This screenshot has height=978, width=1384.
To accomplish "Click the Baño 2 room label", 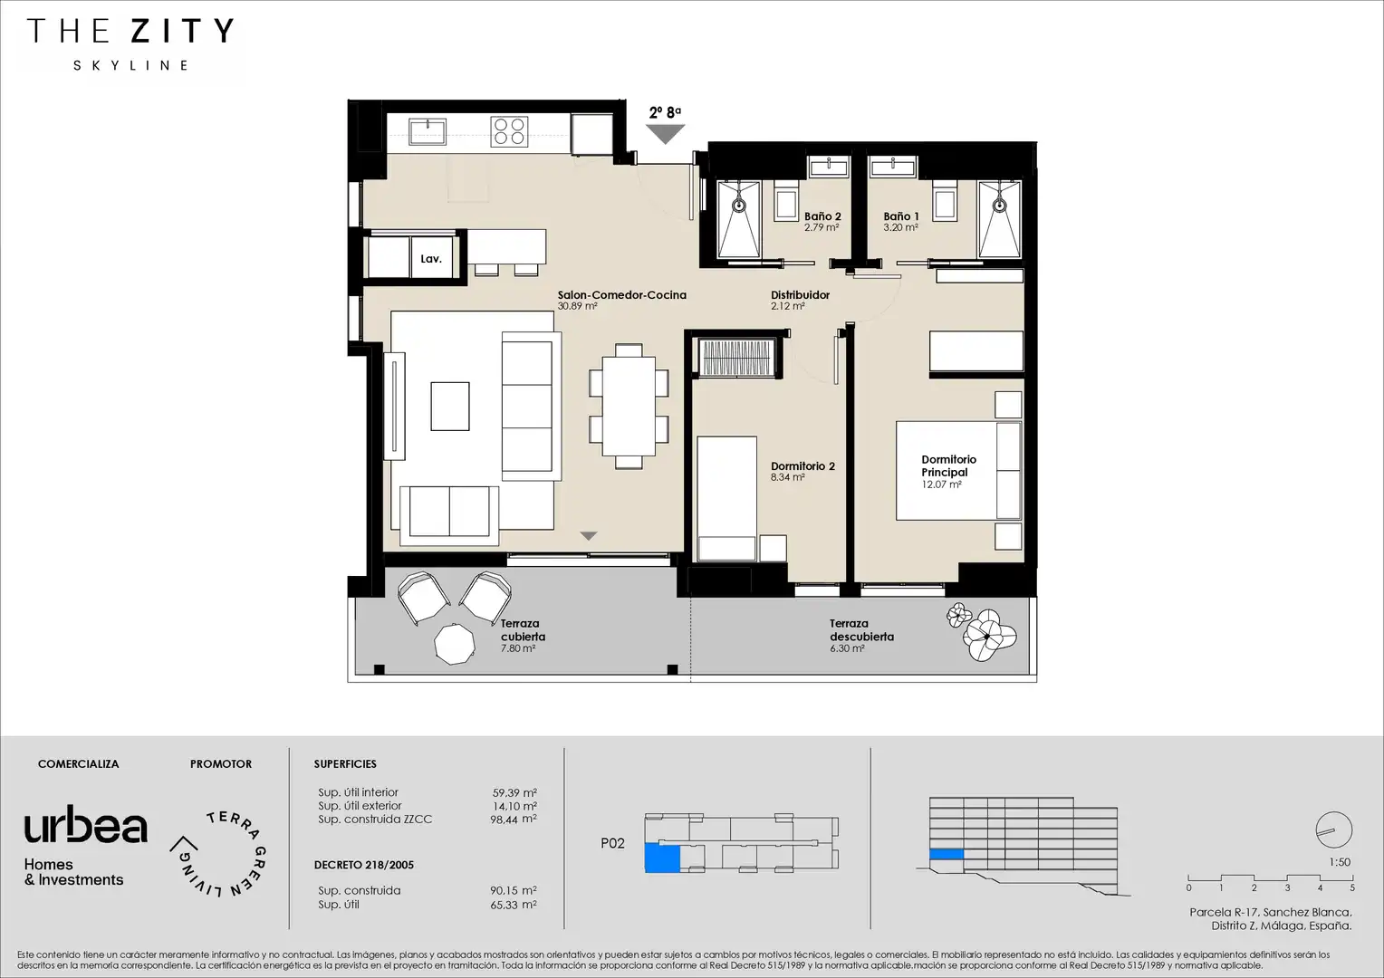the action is point(822,216).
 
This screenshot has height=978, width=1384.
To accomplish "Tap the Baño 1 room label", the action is point(901,216).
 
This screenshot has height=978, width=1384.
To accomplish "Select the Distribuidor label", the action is point(800,294).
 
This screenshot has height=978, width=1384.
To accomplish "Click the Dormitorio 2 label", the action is point(803,465).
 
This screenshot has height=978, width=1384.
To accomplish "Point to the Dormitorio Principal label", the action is point(949,465).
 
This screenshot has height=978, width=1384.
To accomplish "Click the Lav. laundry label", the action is point(431,259).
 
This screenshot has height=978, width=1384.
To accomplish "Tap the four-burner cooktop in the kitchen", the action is point(509,131).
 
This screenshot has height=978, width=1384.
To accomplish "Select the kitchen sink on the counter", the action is point(427,131).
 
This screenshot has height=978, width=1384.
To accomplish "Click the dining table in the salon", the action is point(629,406).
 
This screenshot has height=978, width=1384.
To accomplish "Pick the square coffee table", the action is point(450,406).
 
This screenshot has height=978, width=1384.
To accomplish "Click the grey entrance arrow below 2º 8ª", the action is point(666,134).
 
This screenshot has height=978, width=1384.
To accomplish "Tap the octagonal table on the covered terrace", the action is point(455,645).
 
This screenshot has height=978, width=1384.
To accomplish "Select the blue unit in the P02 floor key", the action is point(662,858).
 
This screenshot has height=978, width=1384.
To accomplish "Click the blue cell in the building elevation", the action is point(946,854).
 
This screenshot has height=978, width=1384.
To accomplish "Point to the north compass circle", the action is point(1334,829).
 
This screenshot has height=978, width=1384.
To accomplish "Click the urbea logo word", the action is point(86,825).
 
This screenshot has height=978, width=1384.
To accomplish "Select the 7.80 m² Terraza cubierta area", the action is point(518,648).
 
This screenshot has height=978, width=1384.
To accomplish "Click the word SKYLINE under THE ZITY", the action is point(130,65).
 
